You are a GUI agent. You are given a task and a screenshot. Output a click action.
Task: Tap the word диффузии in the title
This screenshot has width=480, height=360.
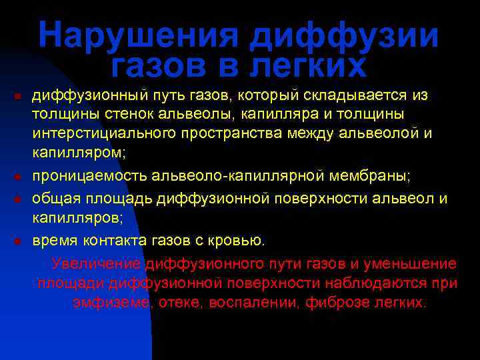(345, 36)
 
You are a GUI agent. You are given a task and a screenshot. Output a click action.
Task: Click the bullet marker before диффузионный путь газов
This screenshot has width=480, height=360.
(17, 97)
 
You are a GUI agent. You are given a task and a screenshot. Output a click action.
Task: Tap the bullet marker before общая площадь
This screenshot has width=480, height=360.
(17, 199)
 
